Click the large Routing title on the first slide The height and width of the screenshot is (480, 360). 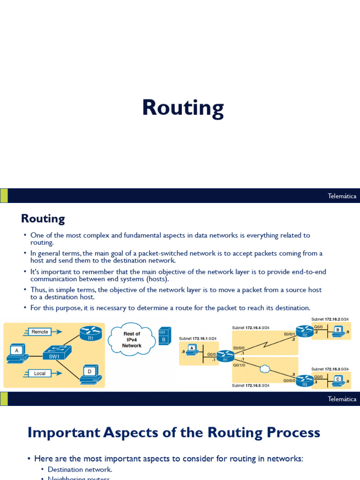[x=183, y=108]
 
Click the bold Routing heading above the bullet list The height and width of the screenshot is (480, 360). [x=43, y=218]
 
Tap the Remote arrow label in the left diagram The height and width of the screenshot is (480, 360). [x=40, y=332]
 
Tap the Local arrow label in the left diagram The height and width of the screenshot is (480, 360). [x=40, y=374]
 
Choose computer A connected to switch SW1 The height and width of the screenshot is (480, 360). [x=17, y=353]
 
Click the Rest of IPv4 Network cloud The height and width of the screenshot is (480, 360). [x=132, y=339]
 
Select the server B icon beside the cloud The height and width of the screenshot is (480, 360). [x=164, y=336]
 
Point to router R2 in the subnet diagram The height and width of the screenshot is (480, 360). [x=305, y=331]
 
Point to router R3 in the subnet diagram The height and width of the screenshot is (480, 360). [x=305, y=380]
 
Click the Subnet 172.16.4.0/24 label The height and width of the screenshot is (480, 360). [x=250, y=328]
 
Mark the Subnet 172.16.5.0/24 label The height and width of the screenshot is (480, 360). [x=250, y=385]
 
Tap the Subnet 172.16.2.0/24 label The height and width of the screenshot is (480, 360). [x=330, y=319]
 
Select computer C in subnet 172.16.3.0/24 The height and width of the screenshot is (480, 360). [x=337, y=381]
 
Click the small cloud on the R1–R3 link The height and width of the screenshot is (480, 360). [x=265, y=369]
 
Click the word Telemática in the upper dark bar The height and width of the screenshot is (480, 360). [x=342, y=196]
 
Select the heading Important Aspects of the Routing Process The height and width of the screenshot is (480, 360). [x=173, y=432]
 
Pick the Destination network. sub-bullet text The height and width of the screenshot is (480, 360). [x=80, y=469]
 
